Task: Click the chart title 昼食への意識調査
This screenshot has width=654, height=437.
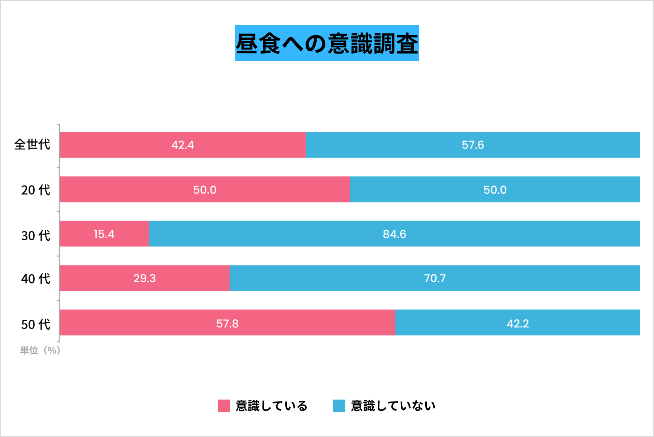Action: (327, 43)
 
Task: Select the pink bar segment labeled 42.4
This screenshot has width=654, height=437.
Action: (183, 145)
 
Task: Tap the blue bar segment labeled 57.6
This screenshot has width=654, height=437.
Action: (473, 145)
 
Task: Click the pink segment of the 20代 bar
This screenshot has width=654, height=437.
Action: (204, 189)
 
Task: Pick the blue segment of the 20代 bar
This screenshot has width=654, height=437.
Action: (495, 189)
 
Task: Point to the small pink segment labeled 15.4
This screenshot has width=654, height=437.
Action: (104, 234)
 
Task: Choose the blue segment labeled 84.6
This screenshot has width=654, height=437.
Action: (394, 234)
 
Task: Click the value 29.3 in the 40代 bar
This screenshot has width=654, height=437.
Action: (144, 278)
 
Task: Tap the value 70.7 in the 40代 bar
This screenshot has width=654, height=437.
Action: (435, 278)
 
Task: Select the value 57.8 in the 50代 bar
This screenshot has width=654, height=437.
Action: (227, 324)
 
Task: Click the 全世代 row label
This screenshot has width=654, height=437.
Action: (32, 144)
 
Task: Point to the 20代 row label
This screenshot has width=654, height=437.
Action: (36, 190)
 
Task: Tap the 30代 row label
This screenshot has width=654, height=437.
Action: (36, 235)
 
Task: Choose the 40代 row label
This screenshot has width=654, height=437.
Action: (36, 279)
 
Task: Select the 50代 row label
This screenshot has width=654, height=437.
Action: (36, 324)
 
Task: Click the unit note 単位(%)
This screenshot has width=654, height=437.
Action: (40, 350)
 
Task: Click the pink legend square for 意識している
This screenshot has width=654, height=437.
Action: (224, 406)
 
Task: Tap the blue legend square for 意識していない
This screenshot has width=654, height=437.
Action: (339, 406)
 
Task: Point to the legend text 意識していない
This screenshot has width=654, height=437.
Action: (393, 406)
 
